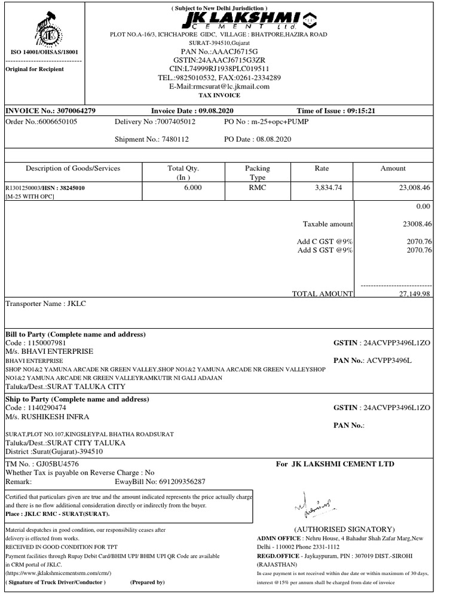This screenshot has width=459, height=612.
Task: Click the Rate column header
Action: coord(322,169)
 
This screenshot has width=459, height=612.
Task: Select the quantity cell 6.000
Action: coord(193,188)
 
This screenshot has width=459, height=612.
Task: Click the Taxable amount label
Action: coord(328,224)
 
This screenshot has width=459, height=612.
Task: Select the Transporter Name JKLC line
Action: coord(46,304)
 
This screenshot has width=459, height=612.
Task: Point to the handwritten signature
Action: coord(311,506)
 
